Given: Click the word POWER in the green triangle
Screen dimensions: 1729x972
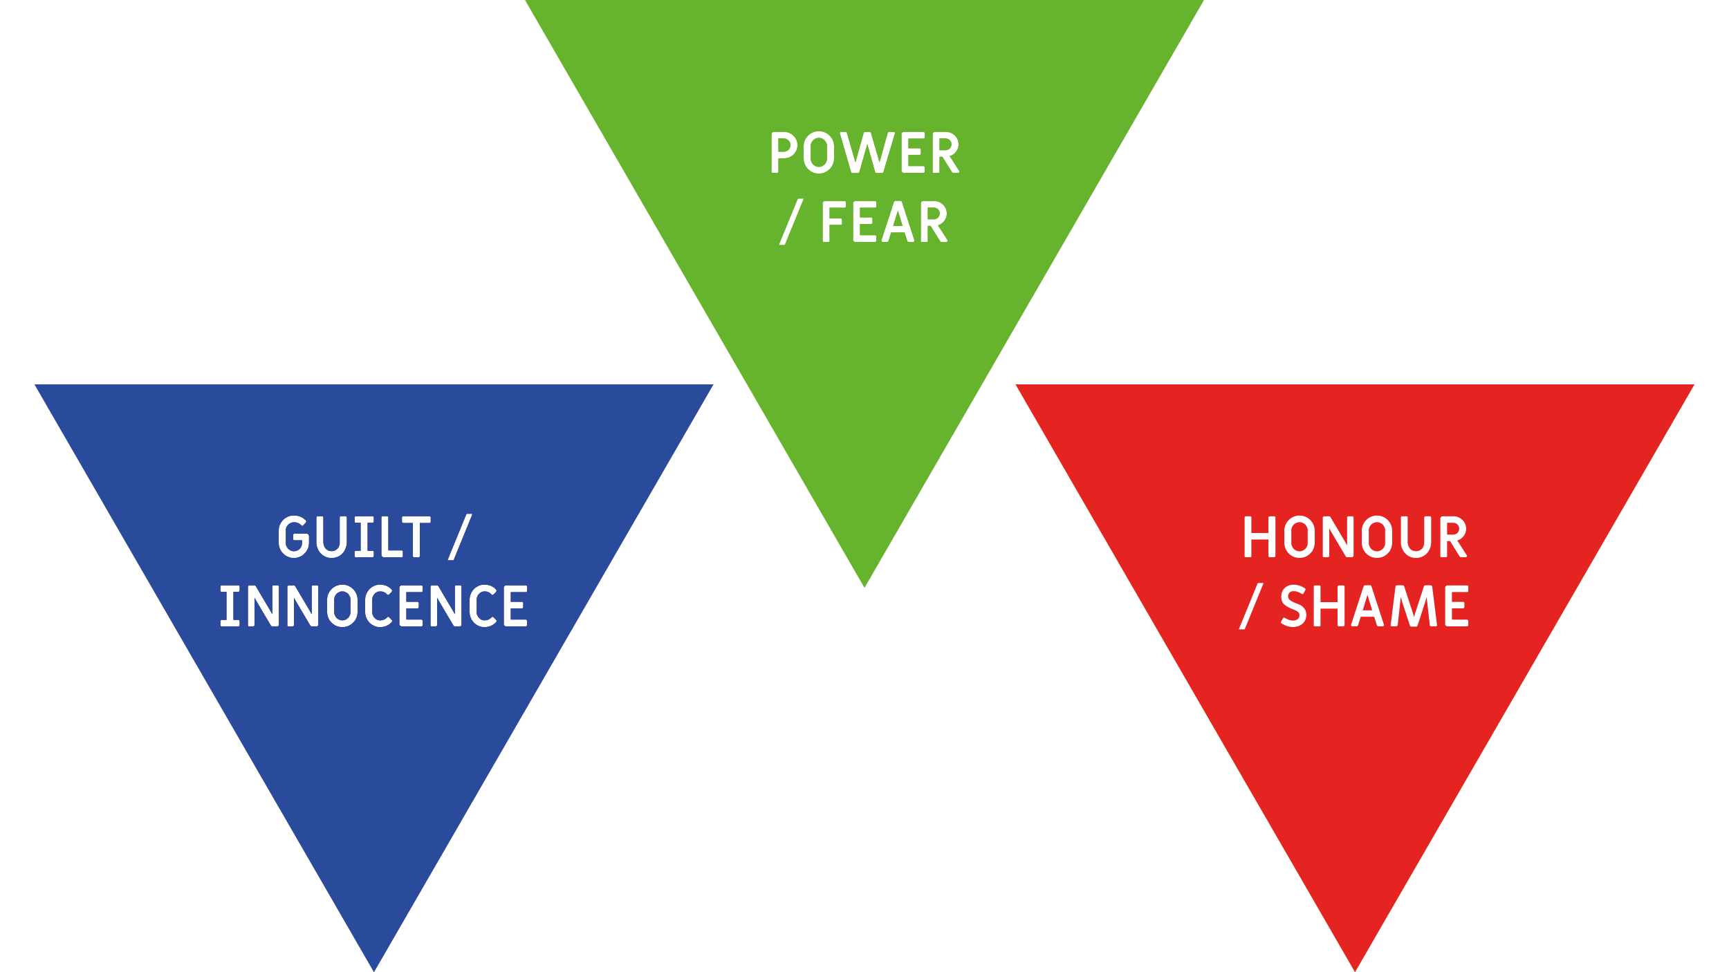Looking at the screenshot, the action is click(865, 152).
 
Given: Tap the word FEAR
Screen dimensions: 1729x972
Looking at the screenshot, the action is click(885, 222).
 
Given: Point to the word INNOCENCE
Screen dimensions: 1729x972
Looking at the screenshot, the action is click(374, 606).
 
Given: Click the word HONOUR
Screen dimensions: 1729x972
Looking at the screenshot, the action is click(1356, 536).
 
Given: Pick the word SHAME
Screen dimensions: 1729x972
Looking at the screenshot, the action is click(1374, 606).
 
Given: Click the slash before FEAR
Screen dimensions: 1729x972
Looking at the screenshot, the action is click(791, 222).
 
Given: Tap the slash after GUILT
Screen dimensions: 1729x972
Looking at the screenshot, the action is click(460, 536).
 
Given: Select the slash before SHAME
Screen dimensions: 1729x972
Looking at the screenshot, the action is click(1251, 606).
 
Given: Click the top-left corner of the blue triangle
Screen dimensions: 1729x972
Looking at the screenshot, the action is click(35, 385).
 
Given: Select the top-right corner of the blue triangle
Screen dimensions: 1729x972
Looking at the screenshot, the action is click(713, 385).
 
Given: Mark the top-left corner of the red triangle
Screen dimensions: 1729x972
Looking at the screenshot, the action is click(1015, 385).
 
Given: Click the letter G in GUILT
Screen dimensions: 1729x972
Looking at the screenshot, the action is click(294, 536).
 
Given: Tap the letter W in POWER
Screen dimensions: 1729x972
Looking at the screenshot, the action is click(868, 152).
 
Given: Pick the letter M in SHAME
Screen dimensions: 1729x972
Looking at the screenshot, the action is click(1414, 606).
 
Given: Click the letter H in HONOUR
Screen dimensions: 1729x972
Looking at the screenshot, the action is click(1259, 536).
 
